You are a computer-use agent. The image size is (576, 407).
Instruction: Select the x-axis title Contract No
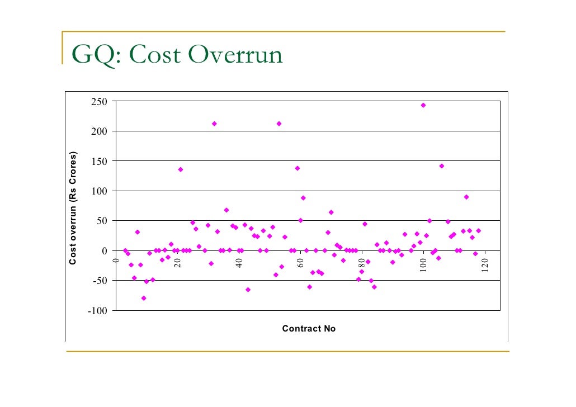(309, 329)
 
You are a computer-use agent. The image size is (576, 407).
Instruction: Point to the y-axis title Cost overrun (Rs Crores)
(73, 208)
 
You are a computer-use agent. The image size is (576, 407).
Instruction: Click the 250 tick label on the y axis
(100, 102)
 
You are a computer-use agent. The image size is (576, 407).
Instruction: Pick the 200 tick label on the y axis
(100, 131)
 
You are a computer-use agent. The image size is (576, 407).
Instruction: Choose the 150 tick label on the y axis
(100, 161)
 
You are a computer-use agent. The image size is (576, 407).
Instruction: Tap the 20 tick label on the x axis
(177, 263)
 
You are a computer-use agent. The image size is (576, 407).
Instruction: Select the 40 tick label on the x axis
(239, 263)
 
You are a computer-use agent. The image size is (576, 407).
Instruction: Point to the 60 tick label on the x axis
(300, 263)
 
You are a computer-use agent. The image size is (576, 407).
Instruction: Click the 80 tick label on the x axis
(362, 263)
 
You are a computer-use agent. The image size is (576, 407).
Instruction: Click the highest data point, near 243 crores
(423, 105)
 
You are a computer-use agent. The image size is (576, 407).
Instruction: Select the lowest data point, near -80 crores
(144, 298)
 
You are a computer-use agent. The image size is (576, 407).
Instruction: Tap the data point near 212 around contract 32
(214, 124)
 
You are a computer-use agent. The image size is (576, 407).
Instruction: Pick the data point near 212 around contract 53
(279, 124)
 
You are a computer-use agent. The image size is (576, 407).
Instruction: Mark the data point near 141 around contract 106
(442, 166)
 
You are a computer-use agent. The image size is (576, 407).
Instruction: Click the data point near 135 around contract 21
(181, 169)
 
